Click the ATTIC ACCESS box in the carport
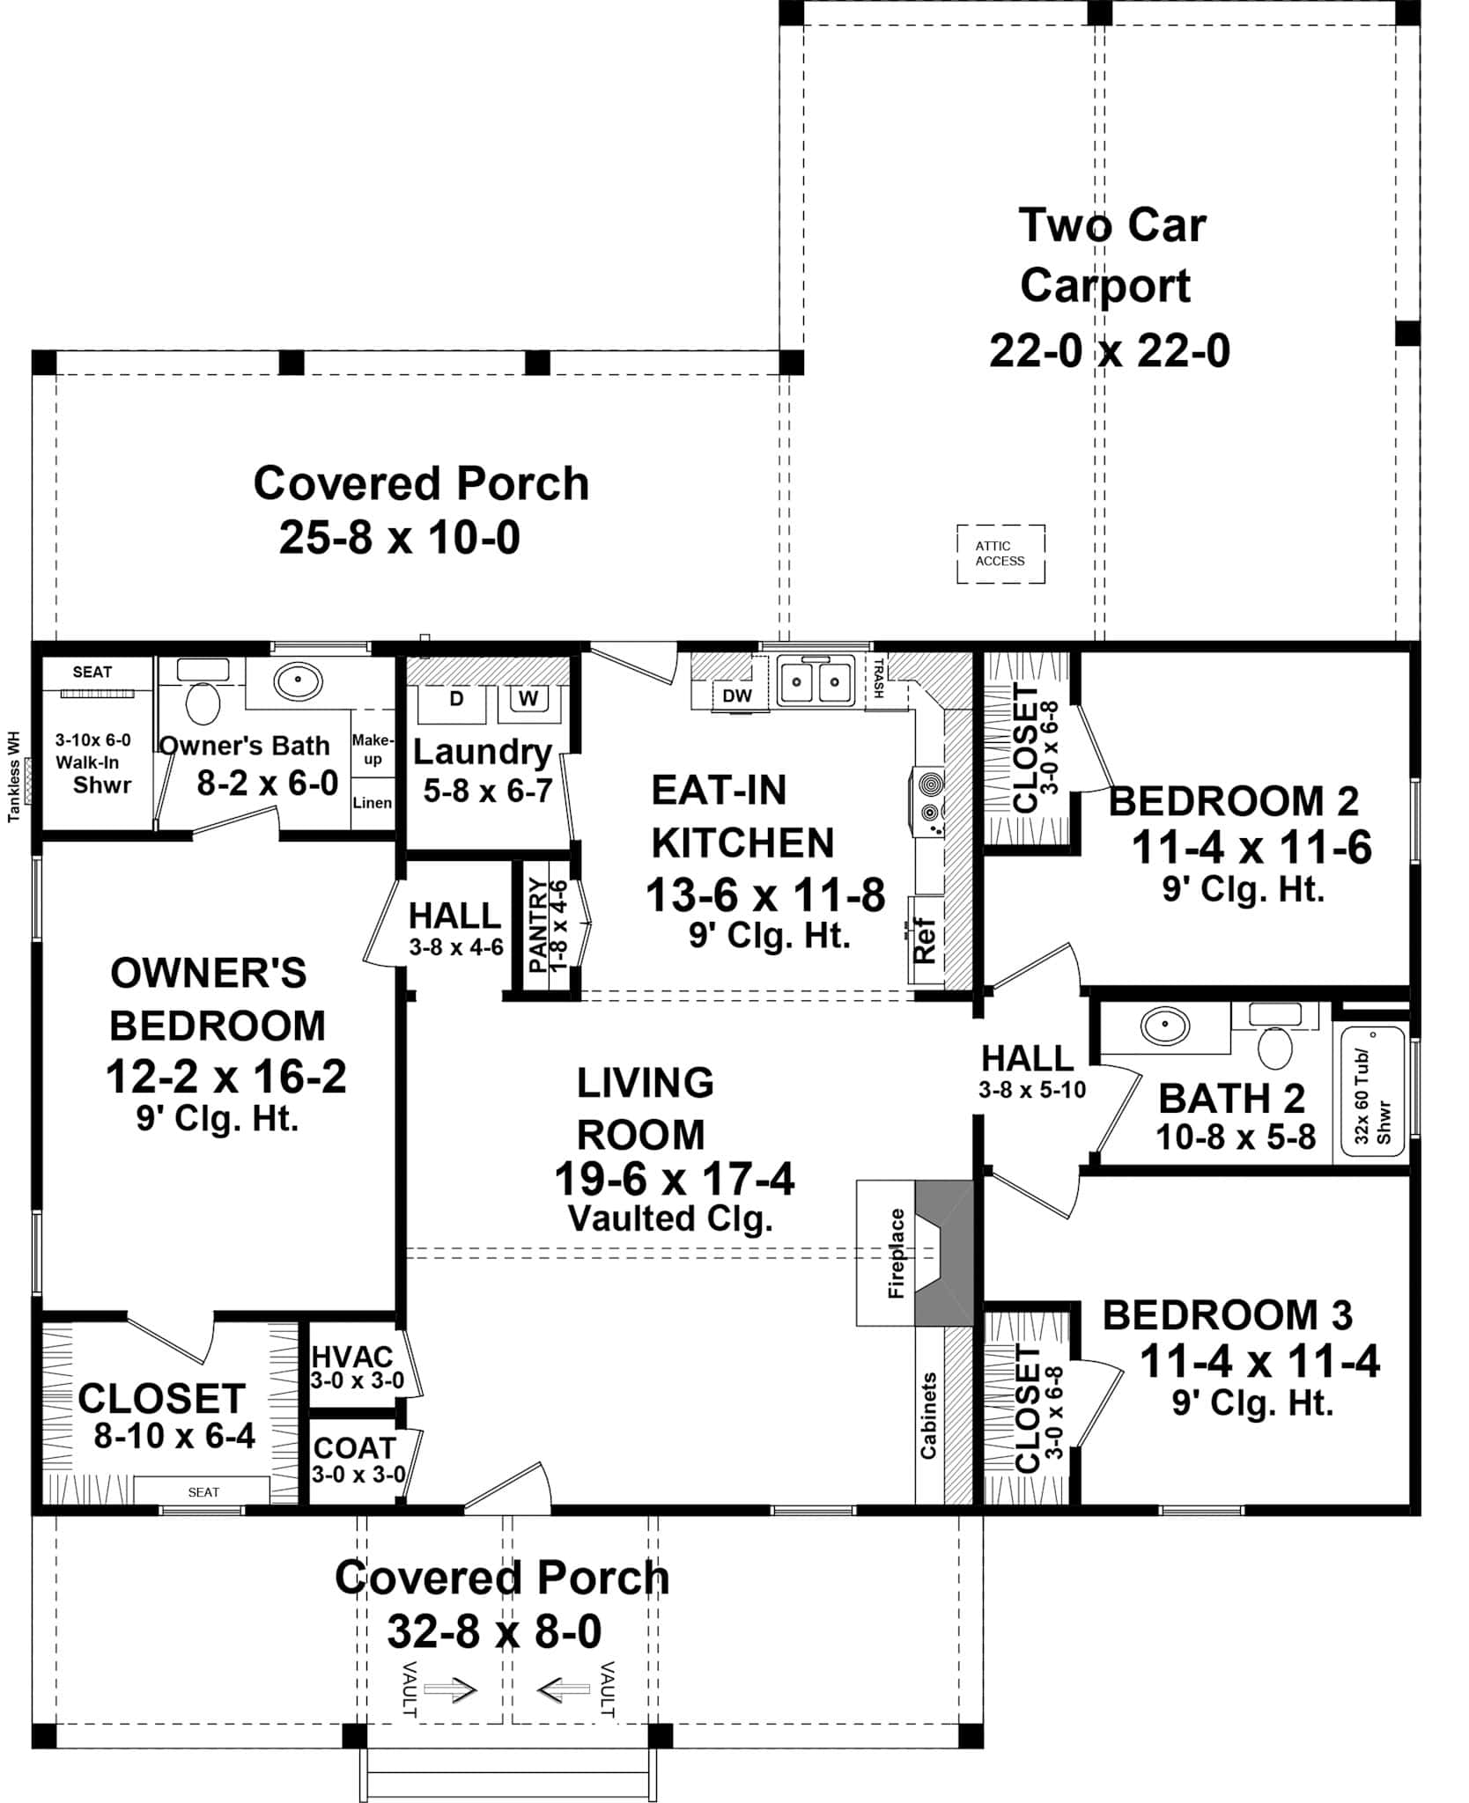pos(1000,554)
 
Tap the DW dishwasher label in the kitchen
pos(736,695)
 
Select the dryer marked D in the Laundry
pos(456,699)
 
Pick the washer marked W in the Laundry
pos(528,699)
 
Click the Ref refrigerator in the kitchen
pos(925,940)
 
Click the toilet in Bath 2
pos(1274,1047)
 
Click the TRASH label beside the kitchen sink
pos(878,677)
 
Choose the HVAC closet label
pos(352,1357)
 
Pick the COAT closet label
pos(355,1447)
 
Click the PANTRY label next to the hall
pos(538,924)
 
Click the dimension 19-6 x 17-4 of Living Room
pos(674,1178)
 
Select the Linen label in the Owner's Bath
pos(372,802)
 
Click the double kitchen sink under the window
pos(815,681)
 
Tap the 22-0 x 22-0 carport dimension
pos(1109,351)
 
